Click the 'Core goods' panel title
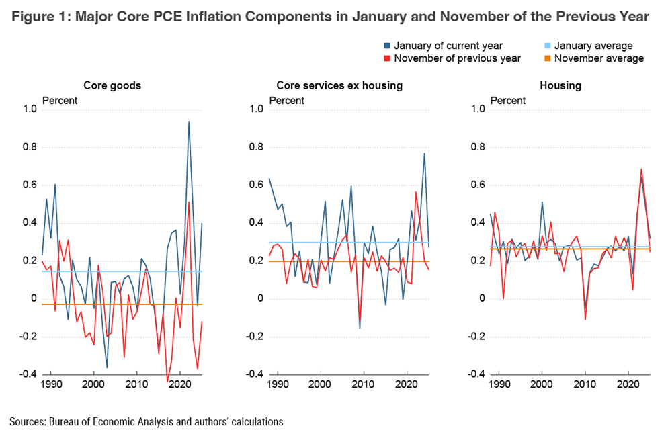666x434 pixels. [112, 85]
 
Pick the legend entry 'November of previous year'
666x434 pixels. [457, 58]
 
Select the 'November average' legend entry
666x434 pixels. [599, 58]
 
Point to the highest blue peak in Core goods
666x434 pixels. [189, 122]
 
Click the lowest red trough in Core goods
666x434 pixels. [167, 382]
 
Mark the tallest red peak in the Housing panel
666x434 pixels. [641, 169]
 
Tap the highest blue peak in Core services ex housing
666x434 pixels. [424, 153]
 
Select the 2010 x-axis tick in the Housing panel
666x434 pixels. [585, 385]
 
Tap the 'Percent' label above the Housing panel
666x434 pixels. [509, 101]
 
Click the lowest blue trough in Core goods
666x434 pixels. [107, 367]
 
